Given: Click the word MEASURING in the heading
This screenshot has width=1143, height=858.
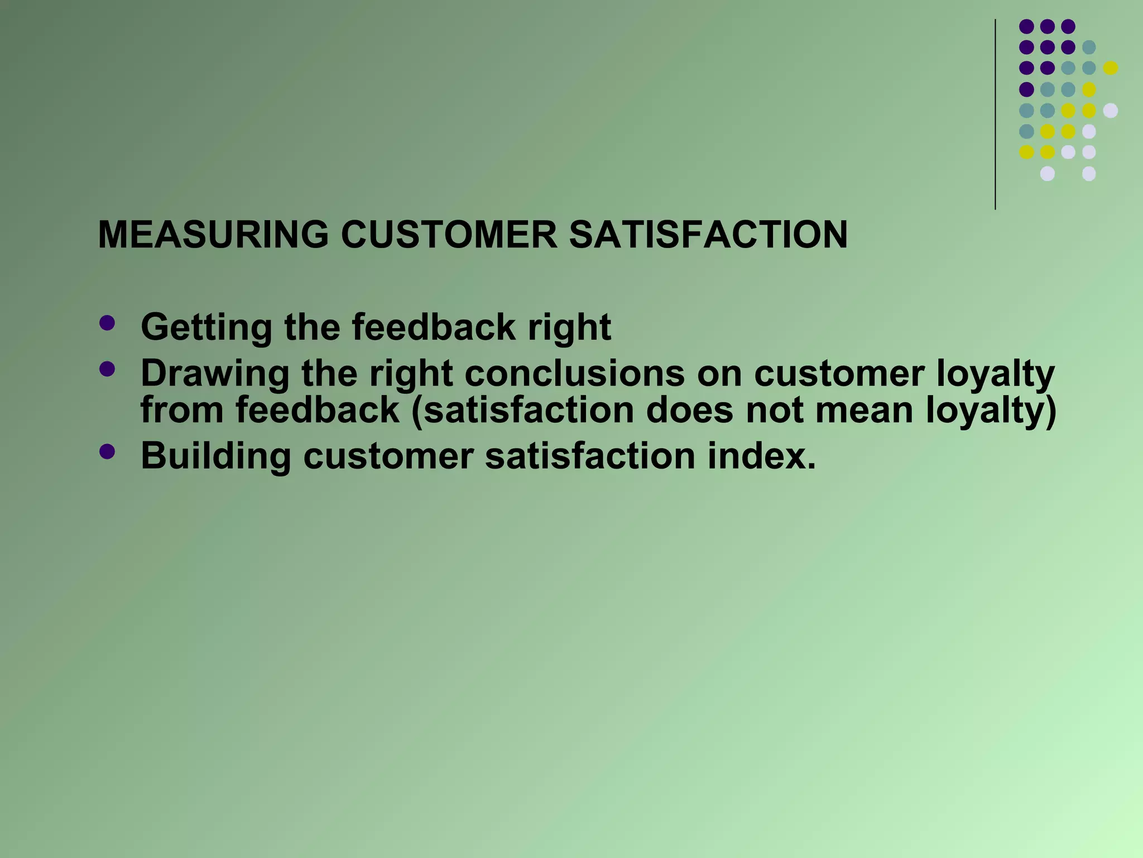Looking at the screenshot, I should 213,235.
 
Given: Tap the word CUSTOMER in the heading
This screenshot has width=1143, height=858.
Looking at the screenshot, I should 449,235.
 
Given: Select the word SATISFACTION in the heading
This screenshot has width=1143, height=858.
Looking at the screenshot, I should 708,235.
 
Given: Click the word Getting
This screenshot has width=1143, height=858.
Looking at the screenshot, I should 206,327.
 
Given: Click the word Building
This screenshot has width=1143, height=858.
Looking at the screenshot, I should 215,456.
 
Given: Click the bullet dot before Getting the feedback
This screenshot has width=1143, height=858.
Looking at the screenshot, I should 107,323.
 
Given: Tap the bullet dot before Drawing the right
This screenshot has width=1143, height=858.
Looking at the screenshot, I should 107,369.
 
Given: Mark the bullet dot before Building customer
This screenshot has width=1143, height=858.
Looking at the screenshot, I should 107,451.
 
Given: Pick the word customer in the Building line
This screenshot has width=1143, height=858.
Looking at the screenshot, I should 388,456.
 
